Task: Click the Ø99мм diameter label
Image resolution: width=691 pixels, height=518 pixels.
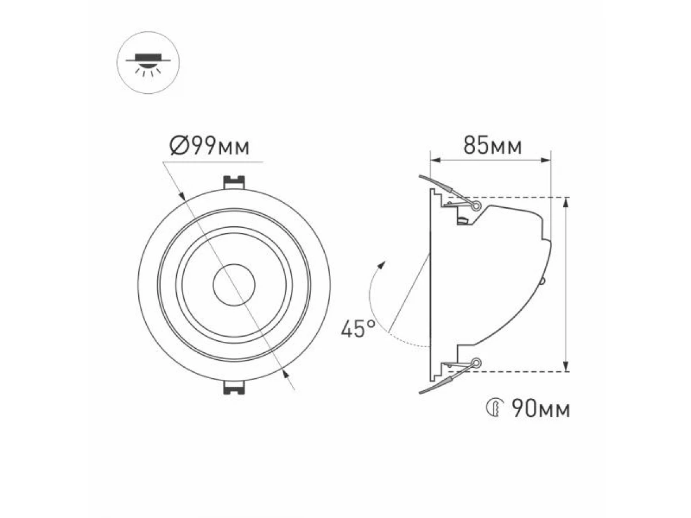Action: [x=210, y=146]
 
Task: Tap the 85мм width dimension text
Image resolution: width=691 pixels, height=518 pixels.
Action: [x=492, y=146]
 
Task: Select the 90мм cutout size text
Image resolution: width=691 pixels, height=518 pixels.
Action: [x=541, y=409]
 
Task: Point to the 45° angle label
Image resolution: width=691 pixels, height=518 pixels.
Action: [x=358, y=329]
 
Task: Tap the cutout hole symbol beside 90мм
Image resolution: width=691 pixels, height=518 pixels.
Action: [x=495, y=408]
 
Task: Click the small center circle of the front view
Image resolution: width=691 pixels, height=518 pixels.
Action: [x=234, y=285]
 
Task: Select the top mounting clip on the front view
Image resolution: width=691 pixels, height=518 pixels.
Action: [x=234, y=182]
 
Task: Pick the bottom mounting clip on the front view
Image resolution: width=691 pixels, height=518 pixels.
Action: [x=234, y=387]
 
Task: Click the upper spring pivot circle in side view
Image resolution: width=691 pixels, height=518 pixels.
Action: [x=477, y=206]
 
